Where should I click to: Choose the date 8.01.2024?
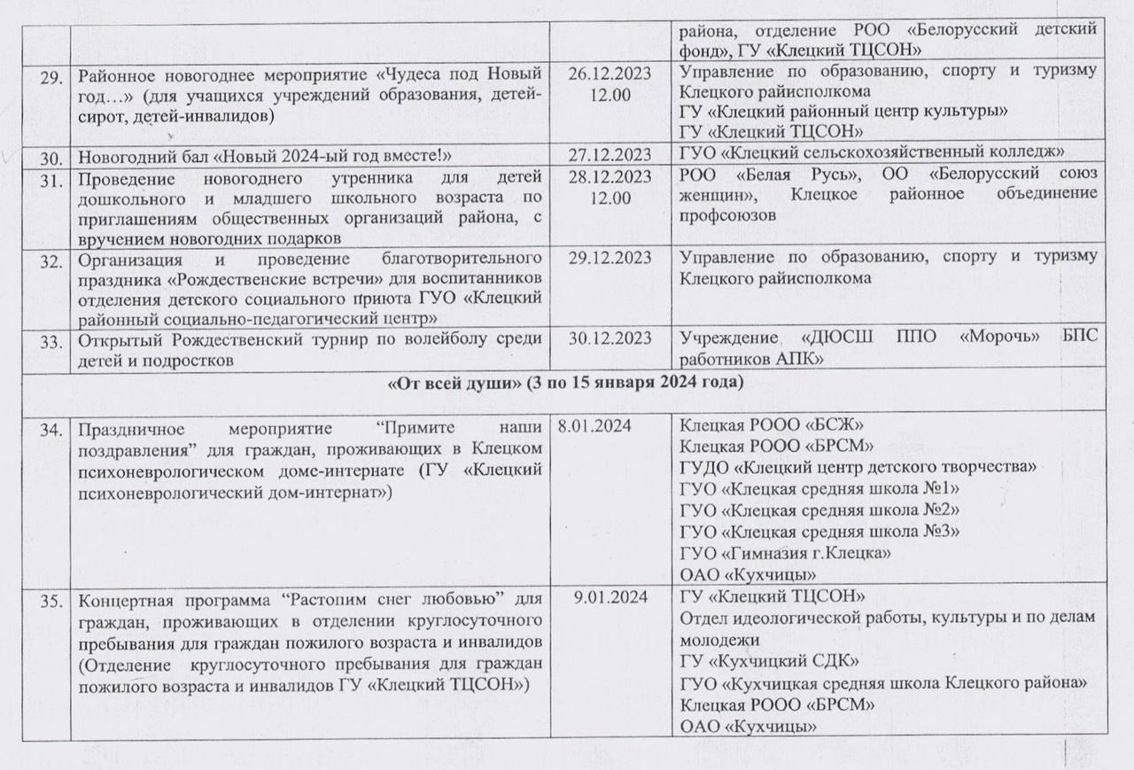[594, 427]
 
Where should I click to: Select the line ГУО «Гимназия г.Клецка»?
[785, 553]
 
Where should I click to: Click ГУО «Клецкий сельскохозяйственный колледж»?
[873, 153]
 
